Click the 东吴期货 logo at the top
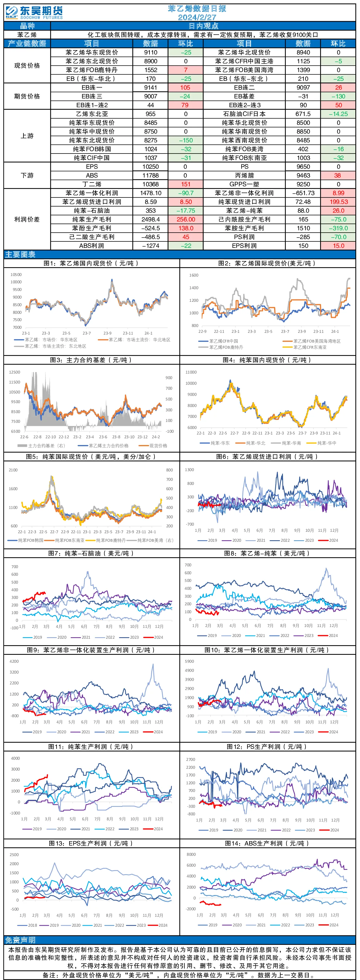point(34,12)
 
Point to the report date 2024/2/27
point(197,17)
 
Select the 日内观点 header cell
point(203,26)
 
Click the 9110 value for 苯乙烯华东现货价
point(151,52)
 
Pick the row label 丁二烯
point(92,184)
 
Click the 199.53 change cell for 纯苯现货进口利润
point(338,202)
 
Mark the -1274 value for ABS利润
point(151,246)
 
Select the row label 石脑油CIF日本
point(244,114)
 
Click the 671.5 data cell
point(303,114)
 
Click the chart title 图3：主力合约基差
point(91,360)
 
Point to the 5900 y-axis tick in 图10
point(189,662)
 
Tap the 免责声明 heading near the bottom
point(20,940)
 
